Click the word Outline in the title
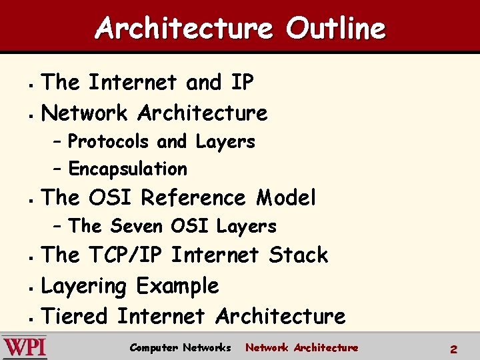coord(336,29)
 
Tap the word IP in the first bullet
coord(242,83)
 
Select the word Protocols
coord(109,142)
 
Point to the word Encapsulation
coord(127,169)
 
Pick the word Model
coord(286,198)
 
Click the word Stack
coord(299,255)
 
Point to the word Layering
coord(84,287)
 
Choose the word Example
coord(177,287)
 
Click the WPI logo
coord(25,347)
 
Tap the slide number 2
coord(453,349)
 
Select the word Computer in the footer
coord(153,347)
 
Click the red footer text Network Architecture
coord(301,347)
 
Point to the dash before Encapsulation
coord(58,169)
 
